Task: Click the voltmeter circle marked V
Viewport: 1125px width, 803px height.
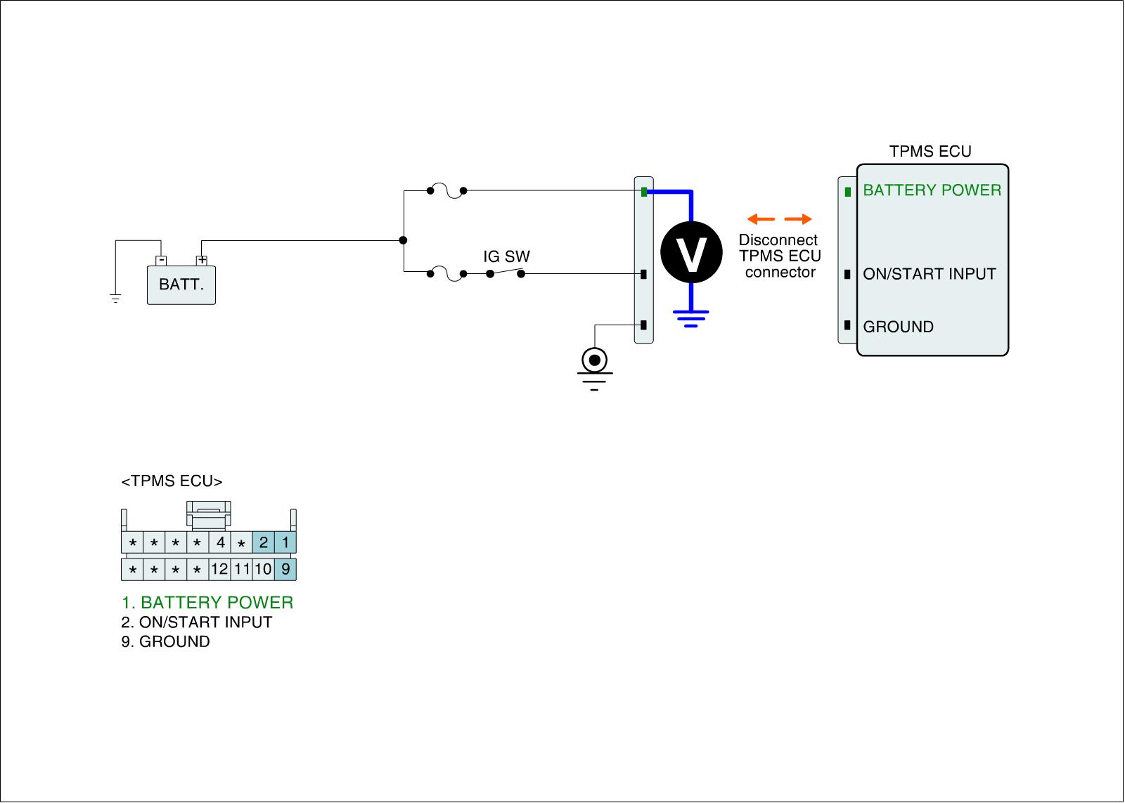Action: [x=691, y=253]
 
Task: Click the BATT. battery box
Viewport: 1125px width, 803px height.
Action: [x=181, y=285]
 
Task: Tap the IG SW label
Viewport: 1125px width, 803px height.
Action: [x=506, y=256]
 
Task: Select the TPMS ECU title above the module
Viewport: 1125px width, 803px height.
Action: [x=930, y=152]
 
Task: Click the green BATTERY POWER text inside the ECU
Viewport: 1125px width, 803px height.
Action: [x=932, y=190]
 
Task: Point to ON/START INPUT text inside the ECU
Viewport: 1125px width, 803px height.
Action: [x=929, y=274]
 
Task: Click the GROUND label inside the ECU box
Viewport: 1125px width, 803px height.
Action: [x=898, y=327]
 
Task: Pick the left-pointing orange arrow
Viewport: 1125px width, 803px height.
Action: [x=760, y=218]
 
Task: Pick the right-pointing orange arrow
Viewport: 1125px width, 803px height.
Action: [x=798, y=218]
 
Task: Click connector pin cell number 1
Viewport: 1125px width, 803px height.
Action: [x=285, y=542]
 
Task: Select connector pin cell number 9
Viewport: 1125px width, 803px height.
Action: [x=285, y=569]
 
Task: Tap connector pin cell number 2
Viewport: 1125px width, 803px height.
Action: [x=264, y=542]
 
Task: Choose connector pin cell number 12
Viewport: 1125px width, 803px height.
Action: [x=219, y=569]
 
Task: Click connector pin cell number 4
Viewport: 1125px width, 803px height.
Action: [x=220, y=542]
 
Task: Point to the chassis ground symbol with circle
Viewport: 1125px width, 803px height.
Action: [x=595, y=361]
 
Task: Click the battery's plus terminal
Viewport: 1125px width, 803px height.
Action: [x=202, y=261]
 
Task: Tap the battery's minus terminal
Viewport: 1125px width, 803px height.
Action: [x=162, y=261]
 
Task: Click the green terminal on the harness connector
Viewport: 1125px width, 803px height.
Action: [x=644, y=192]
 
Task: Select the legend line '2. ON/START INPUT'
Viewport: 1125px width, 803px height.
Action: [x=196, y=622]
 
